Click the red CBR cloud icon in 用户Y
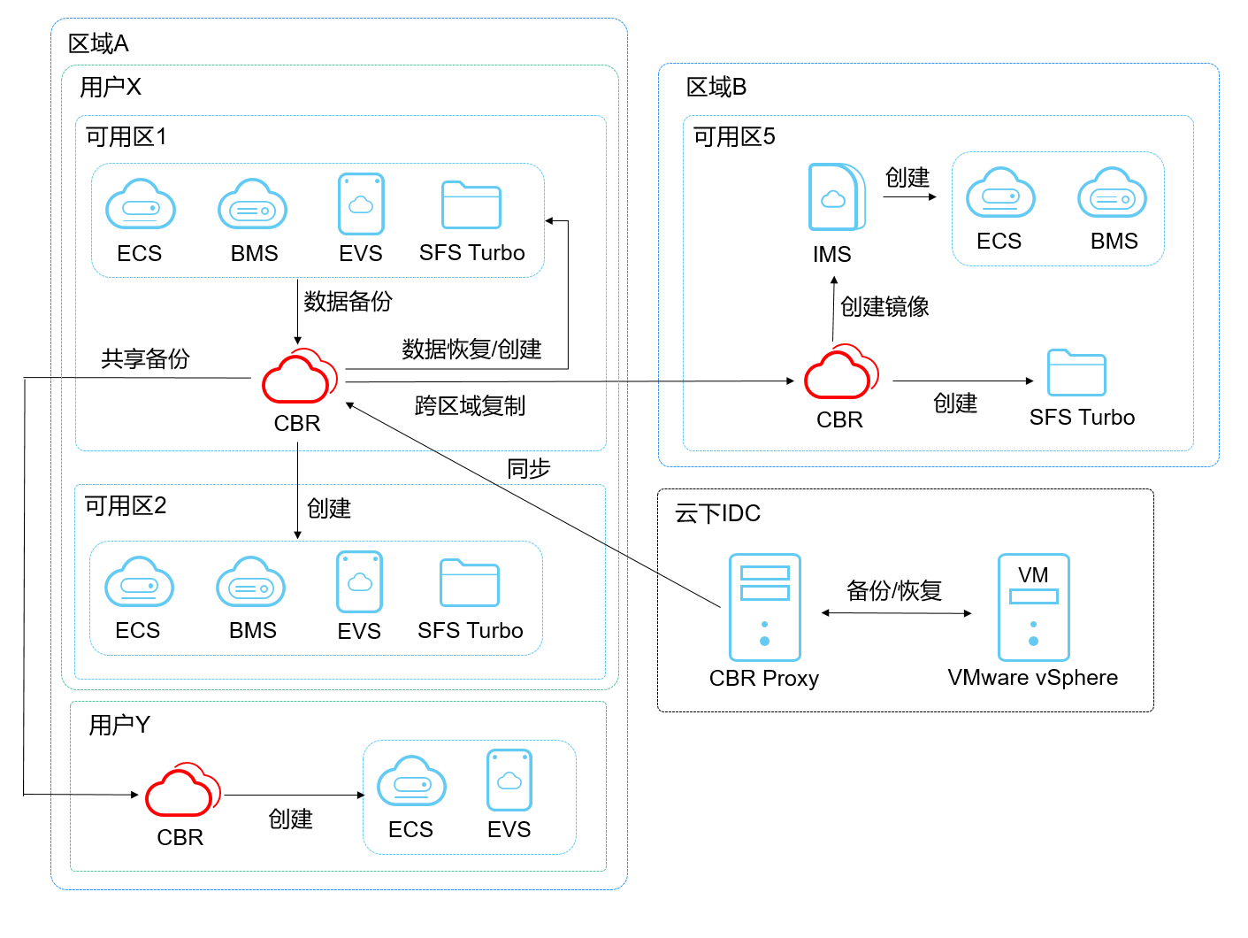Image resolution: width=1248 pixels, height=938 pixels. point(181,789)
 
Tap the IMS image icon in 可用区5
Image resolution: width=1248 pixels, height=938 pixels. point(834,196)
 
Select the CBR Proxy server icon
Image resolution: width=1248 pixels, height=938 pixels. point(764,607)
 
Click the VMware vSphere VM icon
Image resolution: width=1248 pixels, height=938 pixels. point(1033,607)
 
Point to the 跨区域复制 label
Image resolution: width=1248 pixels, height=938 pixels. point(470,406)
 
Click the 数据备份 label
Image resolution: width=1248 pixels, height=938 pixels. point(348,302)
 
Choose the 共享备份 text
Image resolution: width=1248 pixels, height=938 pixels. point(145,358)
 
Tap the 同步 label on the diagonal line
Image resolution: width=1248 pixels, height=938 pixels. point(528,468)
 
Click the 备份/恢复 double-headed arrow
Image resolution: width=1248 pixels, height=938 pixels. point(895,612)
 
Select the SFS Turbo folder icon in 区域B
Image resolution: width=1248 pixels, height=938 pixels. point(1076,373)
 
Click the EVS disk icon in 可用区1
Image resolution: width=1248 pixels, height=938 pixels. point(361,204)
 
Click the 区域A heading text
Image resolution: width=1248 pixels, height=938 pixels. point(98,43)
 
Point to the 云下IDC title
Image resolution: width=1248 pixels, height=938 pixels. point(717,513)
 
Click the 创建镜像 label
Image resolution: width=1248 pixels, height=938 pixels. point(884,307)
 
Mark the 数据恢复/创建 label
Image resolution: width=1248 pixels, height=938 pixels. point(471,350)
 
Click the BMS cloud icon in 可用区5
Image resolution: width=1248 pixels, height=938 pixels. point(1112,193)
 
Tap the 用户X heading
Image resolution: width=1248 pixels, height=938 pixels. point(110,87)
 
